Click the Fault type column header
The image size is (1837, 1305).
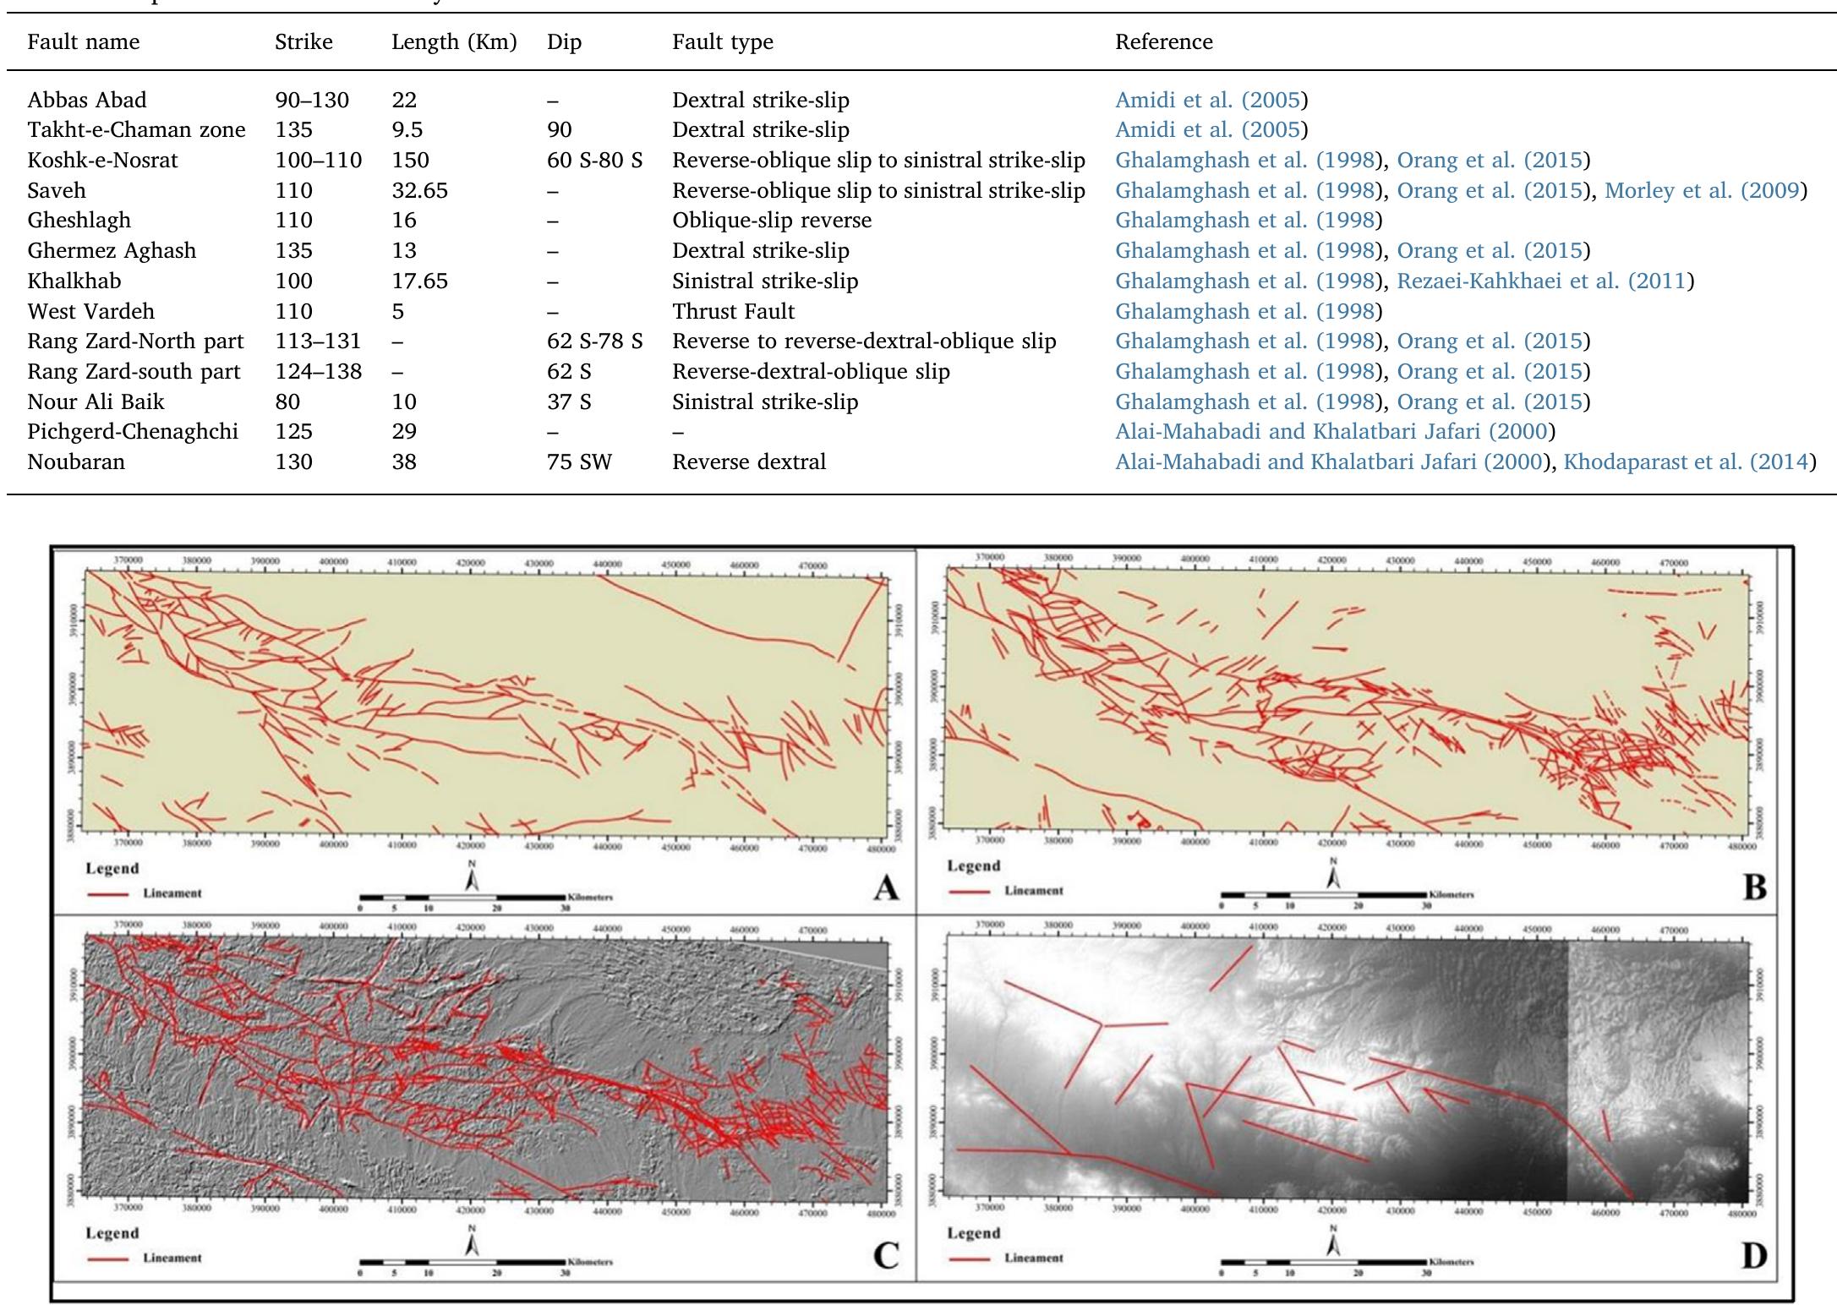click(722, 41)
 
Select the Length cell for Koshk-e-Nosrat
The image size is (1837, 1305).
click(410, 160)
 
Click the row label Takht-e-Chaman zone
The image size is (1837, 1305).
click(136, 129)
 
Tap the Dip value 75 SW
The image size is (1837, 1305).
click(579, 461)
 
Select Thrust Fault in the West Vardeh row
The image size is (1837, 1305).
click(733, 311)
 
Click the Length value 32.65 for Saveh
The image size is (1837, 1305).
click(419, 190)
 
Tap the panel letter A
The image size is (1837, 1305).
click(885, 888)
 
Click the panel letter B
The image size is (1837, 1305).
click(1754, 887)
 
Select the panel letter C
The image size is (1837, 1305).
click(885, 1256)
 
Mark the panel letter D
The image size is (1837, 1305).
click(1753, 1256)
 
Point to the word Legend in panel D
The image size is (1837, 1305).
click(973, 1233)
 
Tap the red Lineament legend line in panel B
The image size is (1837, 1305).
click(968, 891)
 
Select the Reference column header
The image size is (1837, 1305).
click(1163, 41)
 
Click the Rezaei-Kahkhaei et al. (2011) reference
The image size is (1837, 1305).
click(1541, 281)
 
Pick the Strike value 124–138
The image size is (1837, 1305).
click(318, 371)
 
